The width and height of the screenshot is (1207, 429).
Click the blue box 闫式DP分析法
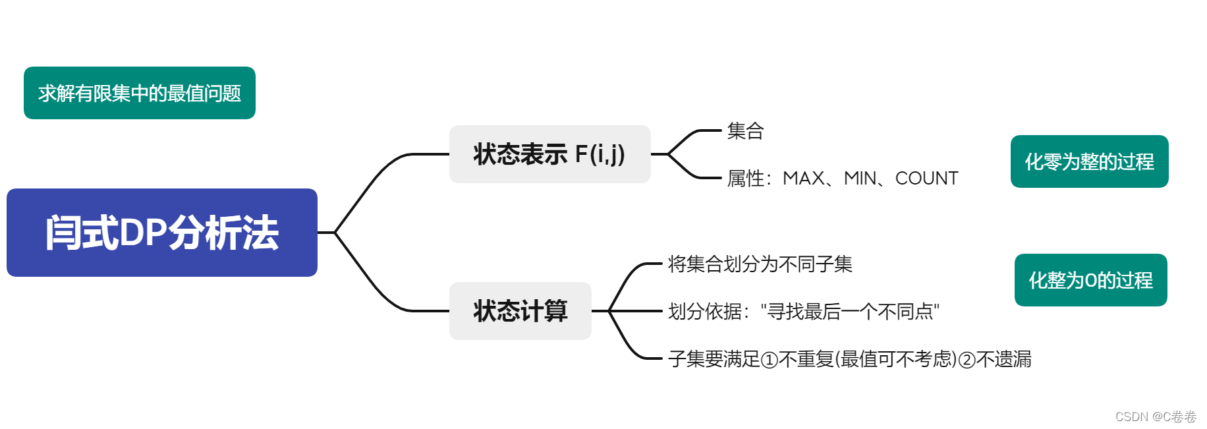tap(161, 233)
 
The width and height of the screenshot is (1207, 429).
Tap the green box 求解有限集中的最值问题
tap(139, 93)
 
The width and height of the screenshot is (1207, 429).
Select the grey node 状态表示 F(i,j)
tap(549, 154)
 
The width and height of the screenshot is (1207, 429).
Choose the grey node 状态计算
tap(520, 311)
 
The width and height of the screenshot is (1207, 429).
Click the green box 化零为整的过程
tap(1089, 161)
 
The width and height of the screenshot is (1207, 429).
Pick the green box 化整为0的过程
tap(1090, 280)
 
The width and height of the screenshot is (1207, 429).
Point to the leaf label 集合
tap(745, 130)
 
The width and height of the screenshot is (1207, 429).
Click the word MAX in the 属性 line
tap(803, 178)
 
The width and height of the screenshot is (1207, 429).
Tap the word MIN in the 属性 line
tap(860, 178)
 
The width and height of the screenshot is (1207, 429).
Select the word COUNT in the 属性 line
tap(926, 178)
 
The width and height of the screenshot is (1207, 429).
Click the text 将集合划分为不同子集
tap(760, 264)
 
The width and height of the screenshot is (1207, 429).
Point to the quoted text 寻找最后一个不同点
tap(850, 311)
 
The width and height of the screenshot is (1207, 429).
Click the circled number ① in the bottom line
tap(769, 360)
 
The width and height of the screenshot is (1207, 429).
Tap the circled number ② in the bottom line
tap(967, 360)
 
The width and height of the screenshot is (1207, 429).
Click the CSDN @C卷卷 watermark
tap(1156, 416)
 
